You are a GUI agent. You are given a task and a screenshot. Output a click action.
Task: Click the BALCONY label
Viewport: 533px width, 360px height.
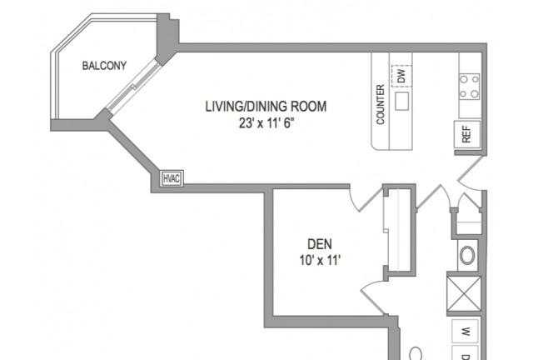[104, 65]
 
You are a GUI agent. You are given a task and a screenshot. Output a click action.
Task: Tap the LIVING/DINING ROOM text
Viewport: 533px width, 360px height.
[266, 107]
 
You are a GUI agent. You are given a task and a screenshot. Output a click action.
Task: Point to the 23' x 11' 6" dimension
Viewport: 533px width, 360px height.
[266, 122]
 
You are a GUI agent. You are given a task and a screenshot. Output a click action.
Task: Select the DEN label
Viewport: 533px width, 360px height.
[320, 244]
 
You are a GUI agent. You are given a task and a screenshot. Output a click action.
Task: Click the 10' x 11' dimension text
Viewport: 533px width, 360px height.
[320, 260]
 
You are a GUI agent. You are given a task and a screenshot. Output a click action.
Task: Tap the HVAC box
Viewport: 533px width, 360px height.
[172, 178]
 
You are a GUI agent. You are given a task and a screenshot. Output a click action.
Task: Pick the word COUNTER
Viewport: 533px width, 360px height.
[381, 104]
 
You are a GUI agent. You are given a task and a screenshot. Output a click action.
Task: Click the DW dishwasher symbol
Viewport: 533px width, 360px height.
[401, 76]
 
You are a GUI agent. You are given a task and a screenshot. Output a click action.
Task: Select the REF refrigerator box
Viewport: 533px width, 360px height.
[467, 134]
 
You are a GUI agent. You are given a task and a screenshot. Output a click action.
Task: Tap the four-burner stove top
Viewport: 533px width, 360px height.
[469, 87]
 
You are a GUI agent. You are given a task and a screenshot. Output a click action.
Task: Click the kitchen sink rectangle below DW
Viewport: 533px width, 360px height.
[401, 101]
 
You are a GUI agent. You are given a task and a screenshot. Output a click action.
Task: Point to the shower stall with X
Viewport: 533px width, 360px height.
[464, 294]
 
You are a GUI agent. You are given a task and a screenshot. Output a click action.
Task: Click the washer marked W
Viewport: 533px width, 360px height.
[466, 331]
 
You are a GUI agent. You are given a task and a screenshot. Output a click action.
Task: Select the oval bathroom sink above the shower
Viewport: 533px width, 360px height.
[467, 255]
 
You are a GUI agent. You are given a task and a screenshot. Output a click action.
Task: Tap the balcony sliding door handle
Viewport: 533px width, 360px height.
[135, 87]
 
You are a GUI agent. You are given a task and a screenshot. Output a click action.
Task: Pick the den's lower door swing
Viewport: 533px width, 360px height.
[374, 296]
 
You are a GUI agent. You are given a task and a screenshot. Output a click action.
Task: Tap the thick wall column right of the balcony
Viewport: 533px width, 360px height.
[167, 38]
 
